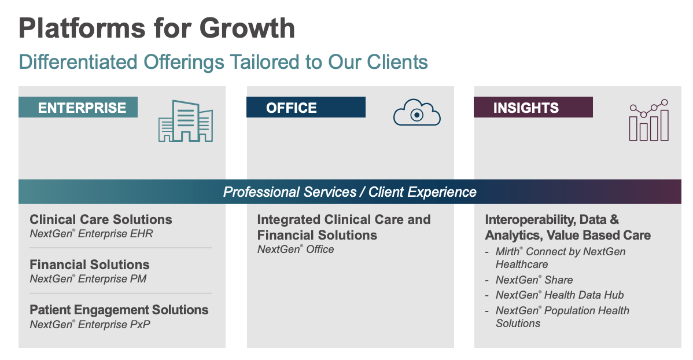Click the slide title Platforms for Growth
coord(157,28)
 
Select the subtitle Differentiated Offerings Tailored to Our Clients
coord(223,62)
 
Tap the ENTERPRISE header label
coord(82,108)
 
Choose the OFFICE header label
coord(292,108)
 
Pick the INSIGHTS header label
coord(526,108)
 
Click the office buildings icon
coord(185,120)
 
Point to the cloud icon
coord(416,113)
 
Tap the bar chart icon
coord(649,120)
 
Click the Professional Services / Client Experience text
coord(349,192)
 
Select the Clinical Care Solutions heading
coord(101,220)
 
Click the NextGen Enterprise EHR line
coord(91,234)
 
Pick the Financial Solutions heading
coord(90,265)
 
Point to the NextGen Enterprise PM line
coord(88,279)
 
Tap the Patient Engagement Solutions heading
coord(119,310)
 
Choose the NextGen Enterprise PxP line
coord(90,324)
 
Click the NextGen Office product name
coord(296,249)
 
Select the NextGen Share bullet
coord(534,280)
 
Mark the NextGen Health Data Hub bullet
coord(559,295)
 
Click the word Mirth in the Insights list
coord(507,252)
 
